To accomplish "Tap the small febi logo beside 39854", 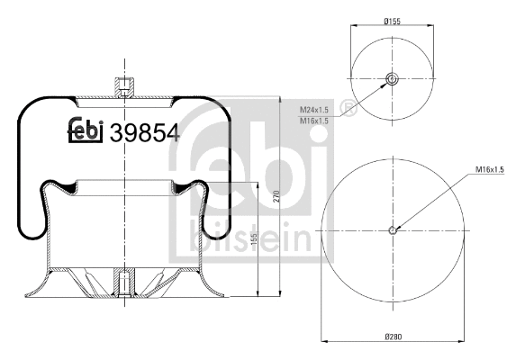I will [86, 131].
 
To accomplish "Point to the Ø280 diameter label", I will [393, 337].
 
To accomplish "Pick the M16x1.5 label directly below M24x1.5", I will [314, 121].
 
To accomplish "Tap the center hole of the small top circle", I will [393, 80].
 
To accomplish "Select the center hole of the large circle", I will [393, 229].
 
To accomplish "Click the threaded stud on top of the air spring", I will [122, 88].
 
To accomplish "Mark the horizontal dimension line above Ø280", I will [393, 343].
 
